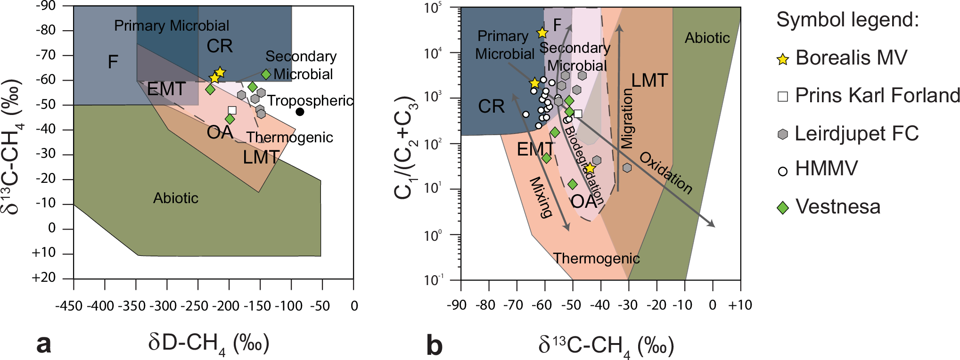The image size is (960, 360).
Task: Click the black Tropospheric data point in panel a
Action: click(x=300, y=112)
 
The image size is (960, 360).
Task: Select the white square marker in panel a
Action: click(x=232, y=110)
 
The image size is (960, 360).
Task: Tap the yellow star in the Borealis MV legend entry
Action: click(x=783, y=59)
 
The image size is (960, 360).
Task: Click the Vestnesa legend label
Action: click(x=837, y=207)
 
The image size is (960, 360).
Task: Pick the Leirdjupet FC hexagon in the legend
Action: click(x=783, y=134)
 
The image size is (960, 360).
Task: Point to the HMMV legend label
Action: click(x=826, y=169)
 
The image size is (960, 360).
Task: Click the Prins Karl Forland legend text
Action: click(x=877, y=96)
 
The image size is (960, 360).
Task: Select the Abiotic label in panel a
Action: click(x=176, y=198)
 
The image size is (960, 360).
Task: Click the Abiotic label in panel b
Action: click(x=707, y=38)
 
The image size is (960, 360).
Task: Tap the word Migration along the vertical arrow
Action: click(x=627, y=119)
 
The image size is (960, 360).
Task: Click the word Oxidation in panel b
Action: click(x=665, y=173)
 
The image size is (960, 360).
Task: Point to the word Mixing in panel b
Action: click(x=541, y=197)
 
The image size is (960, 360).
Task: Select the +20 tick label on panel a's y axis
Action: click(x=44, y=278)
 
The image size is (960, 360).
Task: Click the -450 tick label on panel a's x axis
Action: click(x=69, y=306)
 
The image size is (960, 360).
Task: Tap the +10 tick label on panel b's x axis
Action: click(x=739, y=305)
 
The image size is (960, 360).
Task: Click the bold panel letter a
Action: click(x=44, y=344)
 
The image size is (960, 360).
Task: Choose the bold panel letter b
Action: click(x=434, y=345)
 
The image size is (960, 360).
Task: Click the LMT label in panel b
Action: click(x=649, y=81)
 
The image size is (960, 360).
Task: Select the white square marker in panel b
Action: click(x=578, y=114)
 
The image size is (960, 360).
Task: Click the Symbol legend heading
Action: click(x=847, y=20)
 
